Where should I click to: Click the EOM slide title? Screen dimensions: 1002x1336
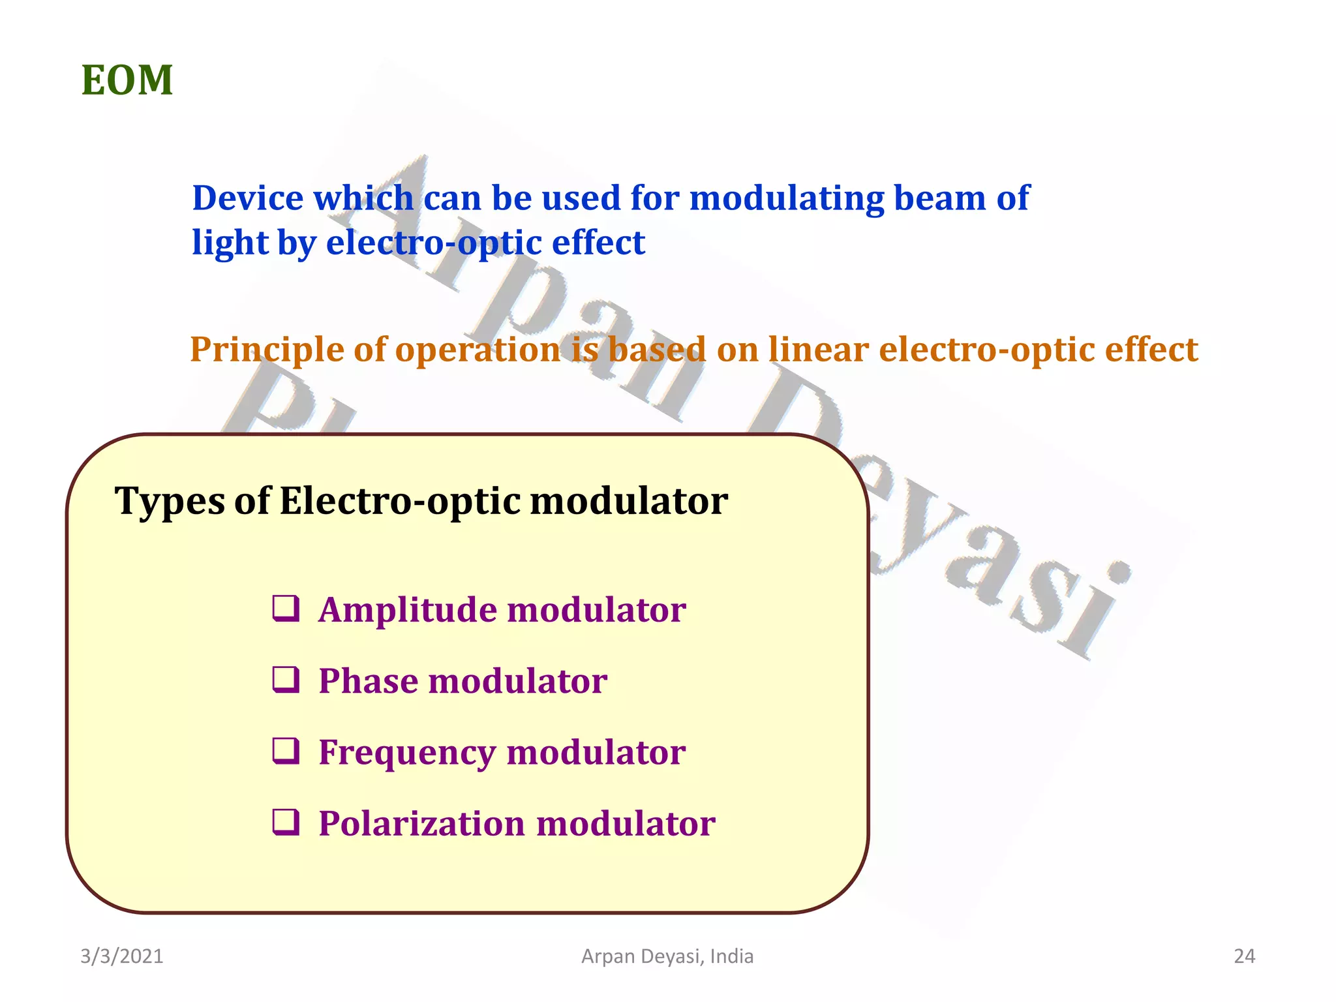click(127, 81)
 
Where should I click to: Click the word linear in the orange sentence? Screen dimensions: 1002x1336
click(818, 350)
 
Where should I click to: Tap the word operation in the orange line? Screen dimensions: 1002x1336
click(477, 350)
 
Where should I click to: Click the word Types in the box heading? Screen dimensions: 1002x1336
click(170, 502)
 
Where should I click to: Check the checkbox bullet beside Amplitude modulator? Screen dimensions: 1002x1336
click(286, 609)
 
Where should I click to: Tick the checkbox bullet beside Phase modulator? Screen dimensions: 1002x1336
click(286, 680)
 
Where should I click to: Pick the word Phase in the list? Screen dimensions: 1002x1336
click(368, 682)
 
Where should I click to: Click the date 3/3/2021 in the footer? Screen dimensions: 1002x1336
click(122, 956)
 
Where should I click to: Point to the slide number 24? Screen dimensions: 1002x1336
click(1244, 956)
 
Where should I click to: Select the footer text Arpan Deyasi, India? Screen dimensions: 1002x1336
click(667, 956)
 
